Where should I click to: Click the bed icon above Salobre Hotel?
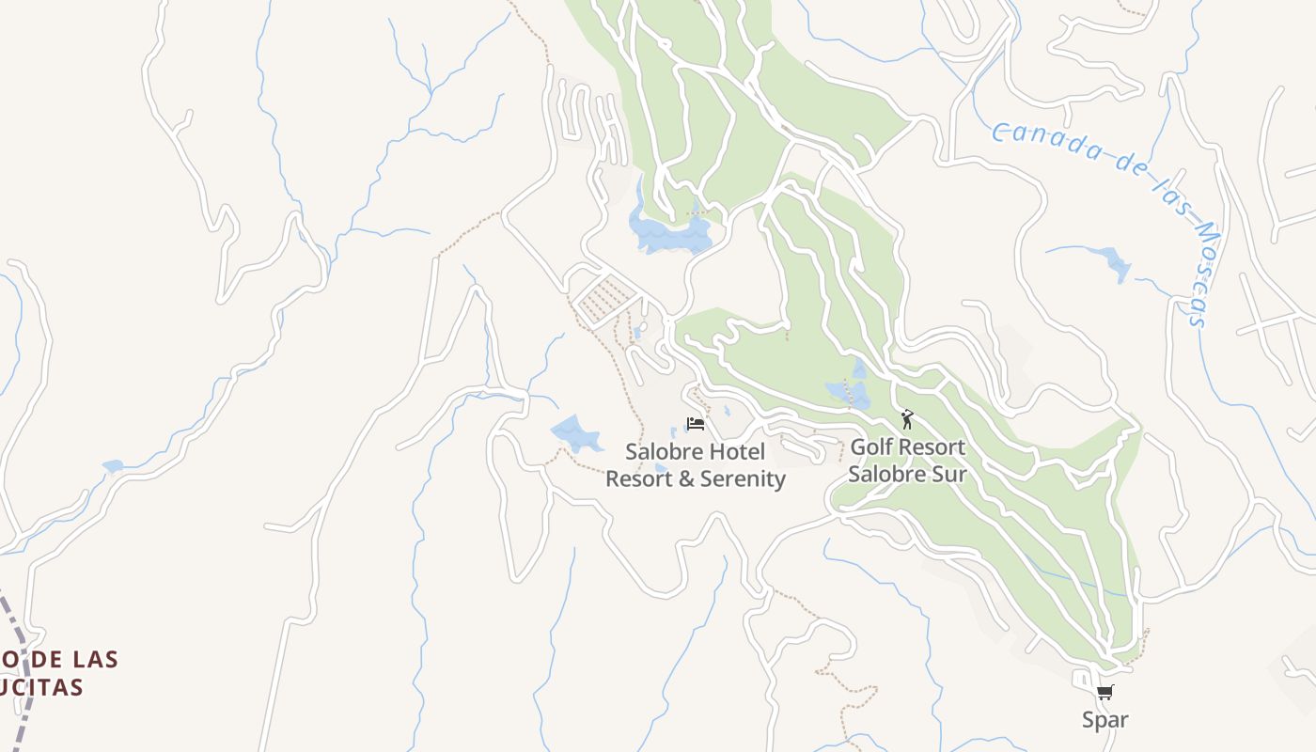[x=696, y=424]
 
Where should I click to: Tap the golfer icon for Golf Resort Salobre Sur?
[x=907, y=419]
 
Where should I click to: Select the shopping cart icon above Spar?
[x=1104, y=693]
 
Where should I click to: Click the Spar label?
[x=1104, y=720]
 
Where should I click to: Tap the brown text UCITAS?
[x=42, y=688]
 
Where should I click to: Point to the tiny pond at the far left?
[x=113, y=466]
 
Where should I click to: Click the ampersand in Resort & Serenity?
[x=687, y=479]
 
